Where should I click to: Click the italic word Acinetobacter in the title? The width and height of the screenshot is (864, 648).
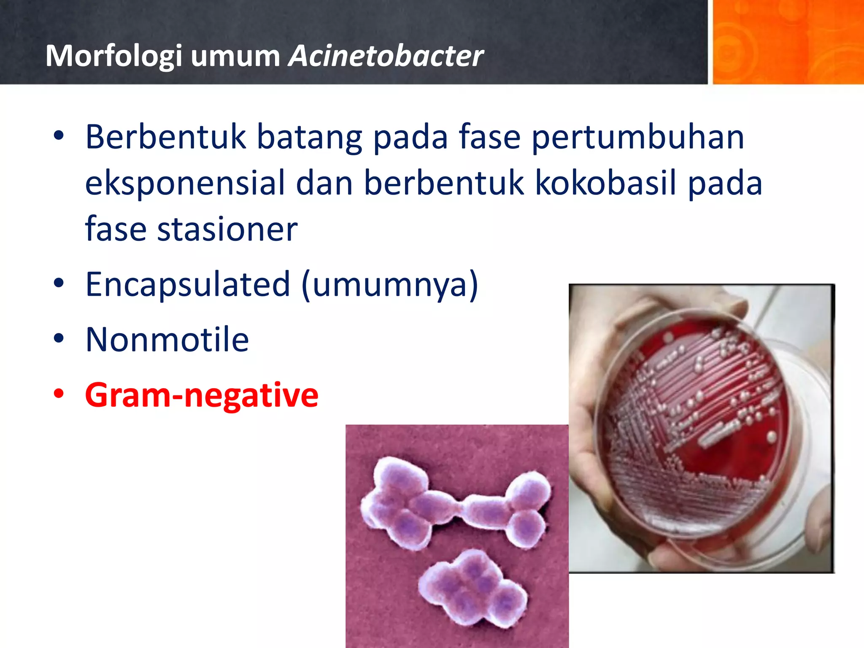pos(386,56)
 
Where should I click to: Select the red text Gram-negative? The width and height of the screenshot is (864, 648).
pos(202,395)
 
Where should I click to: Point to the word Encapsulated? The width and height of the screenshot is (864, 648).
pos(188,284)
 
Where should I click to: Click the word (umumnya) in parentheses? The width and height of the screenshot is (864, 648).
pos(390,284)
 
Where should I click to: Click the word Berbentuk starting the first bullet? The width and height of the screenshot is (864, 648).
pos(166,137)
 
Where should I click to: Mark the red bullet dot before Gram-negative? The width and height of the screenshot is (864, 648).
pos(59,394)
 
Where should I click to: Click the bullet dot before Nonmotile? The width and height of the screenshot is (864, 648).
pos(59,338)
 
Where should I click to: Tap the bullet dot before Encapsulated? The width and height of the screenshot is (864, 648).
pos(59,283)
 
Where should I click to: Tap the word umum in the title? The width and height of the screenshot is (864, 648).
pos(235,56)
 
